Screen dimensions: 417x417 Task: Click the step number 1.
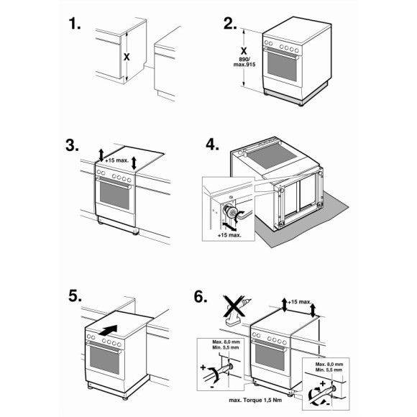click(75, 24)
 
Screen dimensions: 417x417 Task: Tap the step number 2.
click(230, 24)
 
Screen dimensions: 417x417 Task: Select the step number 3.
click(72, 146)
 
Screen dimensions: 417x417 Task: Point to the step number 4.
click(212, 145)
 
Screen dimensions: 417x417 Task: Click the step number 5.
click(75, 296)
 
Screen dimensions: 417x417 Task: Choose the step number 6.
click(201, 297)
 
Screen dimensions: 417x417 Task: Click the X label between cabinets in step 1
click(127, 57)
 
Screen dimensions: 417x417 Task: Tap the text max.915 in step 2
click(244, 65)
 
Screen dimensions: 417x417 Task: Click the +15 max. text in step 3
click(116, 160)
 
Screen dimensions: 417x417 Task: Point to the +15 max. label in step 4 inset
click(229, 235)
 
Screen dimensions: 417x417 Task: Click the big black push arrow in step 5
click(108, 330)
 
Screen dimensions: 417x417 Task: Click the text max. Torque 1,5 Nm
click(255, 400)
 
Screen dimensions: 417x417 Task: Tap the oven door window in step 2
click(282, 66)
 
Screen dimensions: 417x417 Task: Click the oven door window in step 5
click(104, 359)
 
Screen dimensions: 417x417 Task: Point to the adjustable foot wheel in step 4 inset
click(231, 211)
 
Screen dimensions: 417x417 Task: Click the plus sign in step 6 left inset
click(203, 367)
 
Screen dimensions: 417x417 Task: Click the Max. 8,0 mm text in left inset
click(226, 342)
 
